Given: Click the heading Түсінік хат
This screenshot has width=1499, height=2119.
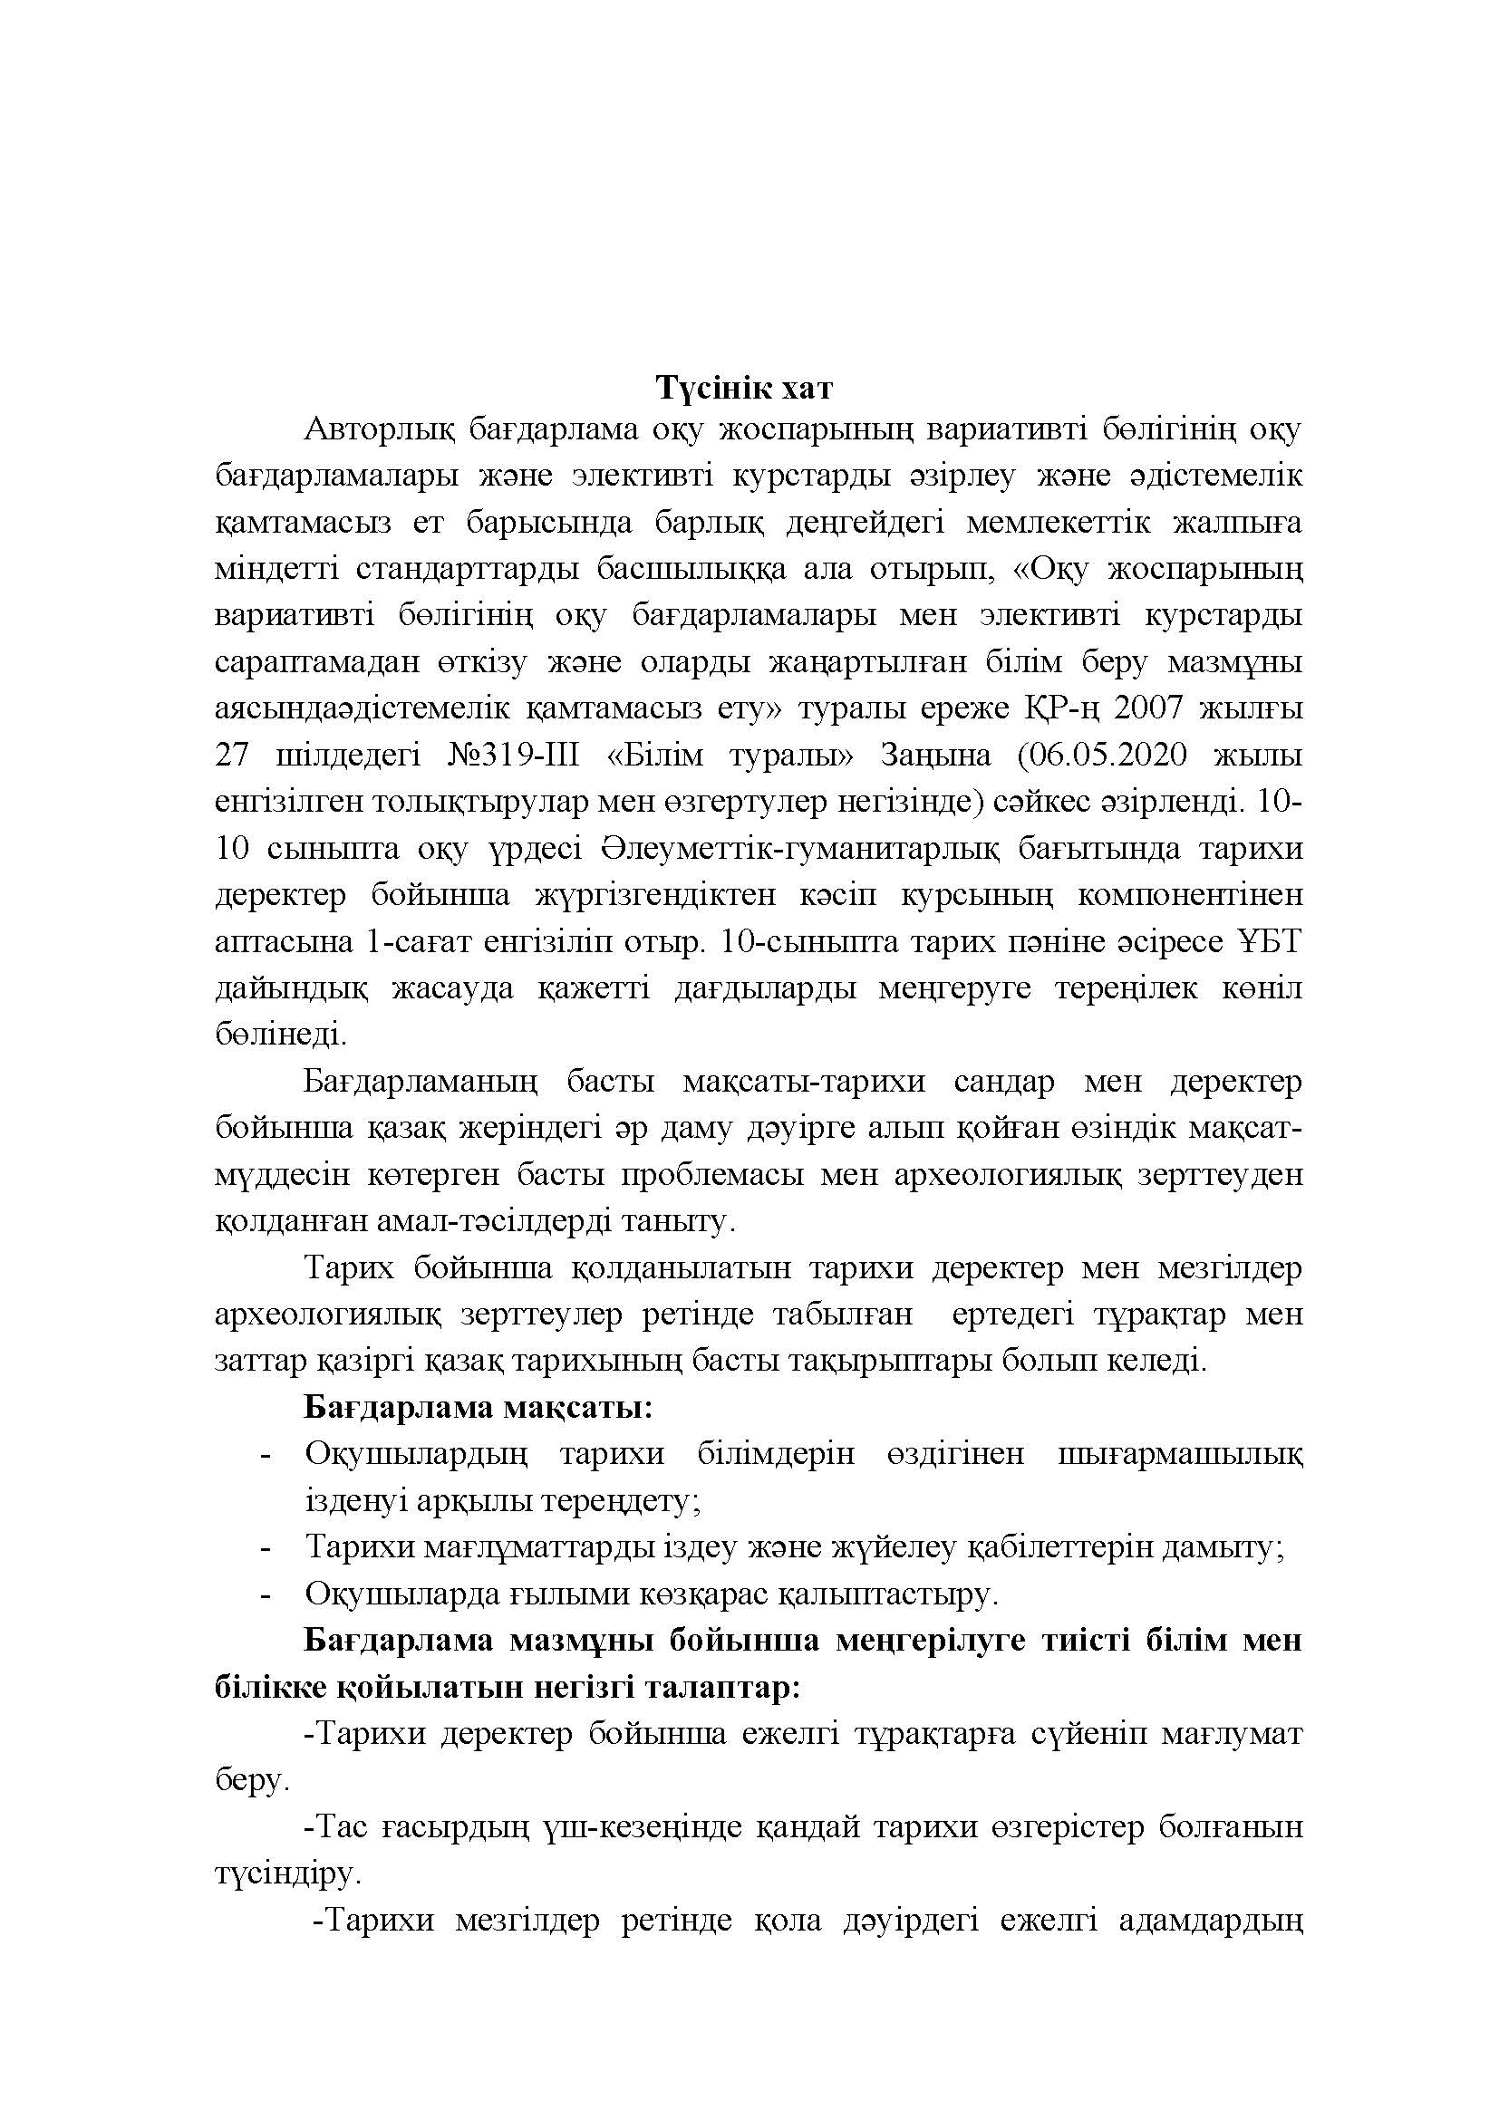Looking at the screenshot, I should [x=744, y=388].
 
